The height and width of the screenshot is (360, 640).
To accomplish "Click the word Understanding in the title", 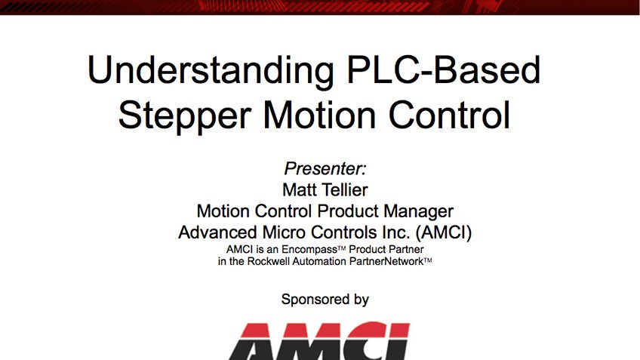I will [x=204, y=71].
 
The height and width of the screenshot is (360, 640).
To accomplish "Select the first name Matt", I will [x=298, y=189].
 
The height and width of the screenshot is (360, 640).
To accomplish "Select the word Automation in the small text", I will [x=327, y=260].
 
